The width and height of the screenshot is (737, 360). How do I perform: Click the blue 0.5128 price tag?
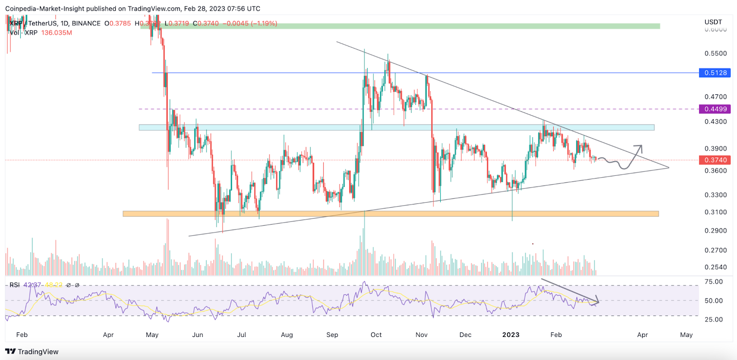pos(715,73)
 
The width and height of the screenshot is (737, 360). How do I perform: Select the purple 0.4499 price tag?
pos(715,109)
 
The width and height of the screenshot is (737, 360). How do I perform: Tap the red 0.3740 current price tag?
pos(715,160)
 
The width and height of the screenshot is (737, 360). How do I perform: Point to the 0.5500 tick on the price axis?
pos(715,53)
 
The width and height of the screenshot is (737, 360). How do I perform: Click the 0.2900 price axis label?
pos(715,231)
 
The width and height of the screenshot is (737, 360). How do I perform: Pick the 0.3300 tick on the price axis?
pos(715,195)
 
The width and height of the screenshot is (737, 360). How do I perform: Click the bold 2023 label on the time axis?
pos(510,335)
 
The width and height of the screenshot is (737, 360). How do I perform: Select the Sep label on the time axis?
pos(332,335)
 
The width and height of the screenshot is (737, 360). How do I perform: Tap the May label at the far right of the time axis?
pos(686,335)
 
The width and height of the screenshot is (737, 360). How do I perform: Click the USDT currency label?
pos(713,22)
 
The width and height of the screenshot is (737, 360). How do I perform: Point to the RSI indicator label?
pos(14,285)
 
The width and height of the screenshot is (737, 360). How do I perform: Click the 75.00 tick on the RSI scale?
pos(714,282)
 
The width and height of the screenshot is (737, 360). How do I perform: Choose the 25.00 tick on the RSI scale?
pos(714,319)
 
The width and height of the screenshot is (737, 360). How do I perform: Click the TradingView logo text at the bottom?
pos(38,352)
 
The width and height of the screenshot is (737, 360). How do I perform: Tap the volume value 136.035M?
pos(57,33)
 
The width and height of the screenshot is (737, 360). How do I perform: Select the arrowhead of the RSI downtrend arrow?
pos(597,302)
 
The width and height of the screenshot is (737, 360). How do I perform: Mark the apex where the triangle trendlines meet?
pos(668,168)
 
